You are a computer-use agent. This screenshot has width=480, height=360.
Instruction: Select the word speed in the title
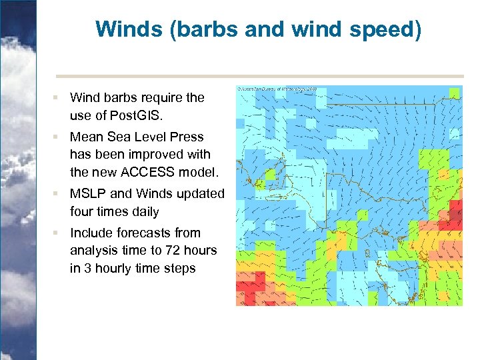pos(387,29)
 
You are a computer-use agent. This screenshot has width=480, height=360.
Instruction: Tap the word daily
pos(142,212)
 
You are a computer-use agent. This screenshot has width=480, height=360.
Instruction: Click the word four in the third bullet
pos(82,212)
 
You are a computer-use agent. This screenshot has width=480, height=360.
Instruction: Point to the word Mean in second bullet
pos(86,137)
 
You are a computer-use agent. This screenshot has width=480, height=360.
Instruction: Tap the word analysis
pos(92,251)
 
